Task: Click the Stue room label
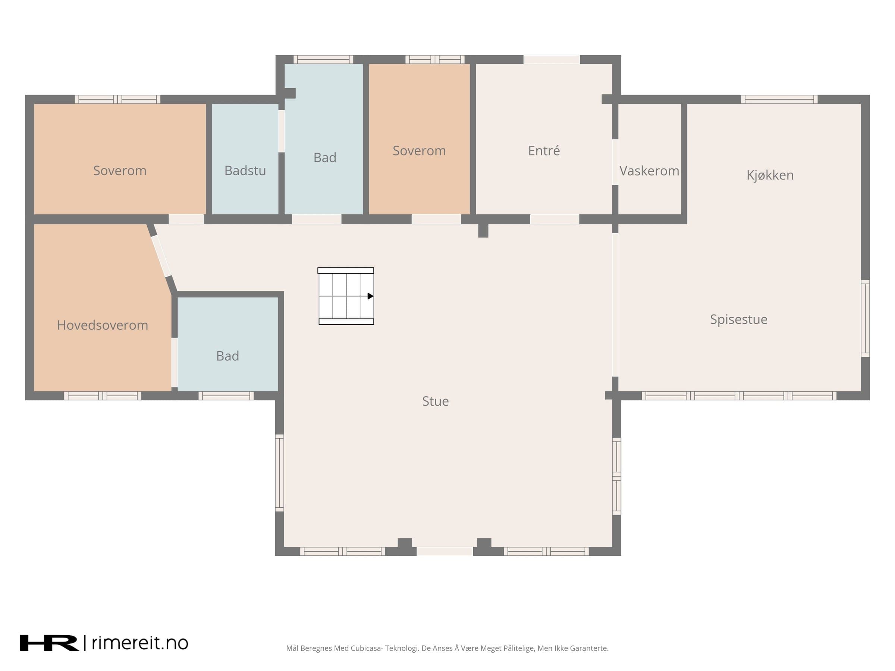coord(435,401)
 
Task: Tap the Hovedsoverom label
coord(103,325)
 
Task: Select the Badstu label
coord(245,170)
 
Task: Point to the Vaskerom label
coord(649,171)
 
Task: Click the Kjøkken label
coord(770,175)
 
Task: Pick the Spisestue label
coord(738,319)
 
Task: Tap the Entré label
coord(544,151)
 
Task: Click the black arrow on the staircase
coord(370,296)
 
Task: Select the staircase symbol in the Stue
coord(346,296)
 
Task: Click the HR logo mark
coord(49,643)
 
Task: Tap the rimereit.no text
coord(140,643)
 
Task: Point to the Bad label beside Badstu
coord(325,157)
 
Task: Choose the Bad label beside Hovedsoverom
coord(227,356)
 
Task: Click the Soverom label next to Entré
coord(419,151)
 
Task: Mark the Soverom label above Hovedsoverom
coord(120,170)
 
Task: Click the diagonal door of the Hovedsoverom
coord(161,256)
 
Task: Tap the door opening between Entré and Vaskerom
coord(615,162)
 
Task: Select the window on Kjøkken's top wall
coord(779,100)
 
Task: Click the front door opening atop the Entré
coord(552,59)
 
